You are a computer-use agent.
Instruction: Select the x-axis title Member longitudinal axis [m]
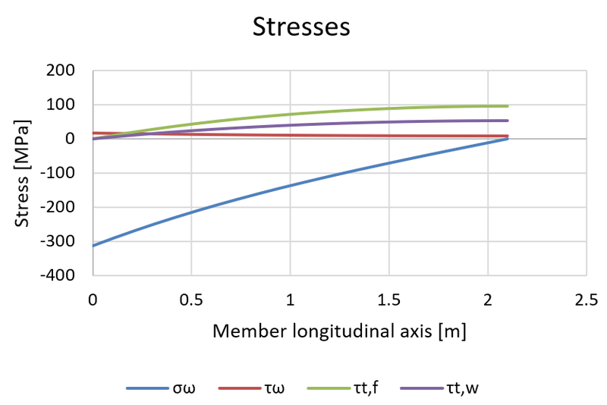pyautogui.click(x=339, y=331)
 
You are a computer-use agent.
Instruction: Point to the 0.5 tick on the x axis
pyautogui.click(x=191, y=300)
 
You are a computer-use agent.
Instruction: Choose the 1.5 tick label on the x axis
pyautogui.click(x=388, y=300)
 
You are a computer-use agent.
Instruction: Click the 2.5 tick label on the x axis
pyautogui.click(x=586, y=300)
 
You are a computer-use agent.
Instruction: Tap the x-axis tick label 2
pyautogui.click(x=487, y=300)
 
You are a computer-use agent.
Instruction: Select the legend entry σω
pyautogui.click(x=182, y=388)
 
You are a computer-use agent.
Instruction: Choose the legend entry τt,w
pyautogui.click(x=463, y=388)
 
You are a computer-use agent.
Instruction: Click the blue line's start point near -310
pyautogui.click(x=93, y=246)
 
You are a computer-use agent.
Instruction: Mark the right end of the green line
pyautogui.click(x=507, y=106)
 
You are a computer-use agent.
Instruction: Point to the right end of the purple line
pyautogui.click(x=507, y=121)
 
